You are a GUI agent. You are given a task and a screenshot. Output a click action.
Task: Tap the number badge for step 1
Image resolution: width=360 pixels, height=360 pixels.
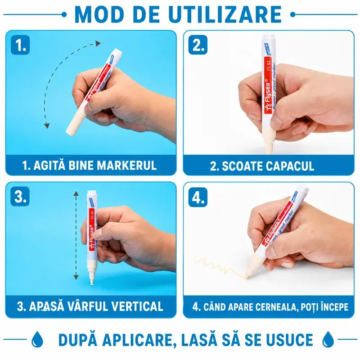tap(20, 45)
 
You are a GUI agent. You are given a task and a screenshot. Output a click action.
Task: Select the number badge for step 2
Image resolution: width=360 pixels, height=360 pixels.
tap(198, 45)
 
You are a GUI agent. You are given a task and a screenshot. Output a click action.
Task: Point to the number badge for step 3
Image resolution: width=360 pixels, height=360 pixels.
tap(20, 196)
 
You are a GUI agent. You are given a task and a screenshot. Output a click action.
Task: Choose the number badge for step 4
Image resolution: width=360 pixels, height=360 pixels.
tap(198, 197)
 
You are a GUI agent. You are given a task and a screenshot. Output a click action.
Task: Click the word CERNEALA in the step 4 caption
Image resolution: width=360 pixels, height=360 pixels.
tap(276, 307)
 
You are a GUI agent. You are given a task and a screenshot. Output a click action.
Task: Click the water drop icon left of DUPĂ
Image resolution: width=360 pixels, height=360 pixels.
tap(37, 339)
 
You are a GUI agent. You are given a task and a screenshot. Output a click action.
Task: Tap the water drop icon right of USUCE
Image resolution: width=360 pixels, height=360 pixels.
tap(328, 339)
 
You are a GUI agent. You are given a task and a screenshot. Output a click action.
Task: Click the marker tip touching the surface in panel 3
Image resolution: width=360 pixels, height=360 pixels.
tap(92, 283)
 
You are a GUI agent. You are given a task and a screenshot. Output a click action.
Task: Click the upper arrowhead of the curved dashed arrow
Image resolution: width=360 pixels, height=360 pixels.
tap(98, 43)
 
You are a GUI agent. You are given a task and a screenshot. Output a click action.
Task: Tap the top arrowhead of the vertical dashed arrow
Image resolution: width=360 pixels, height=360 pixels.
tap(76, 194)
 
